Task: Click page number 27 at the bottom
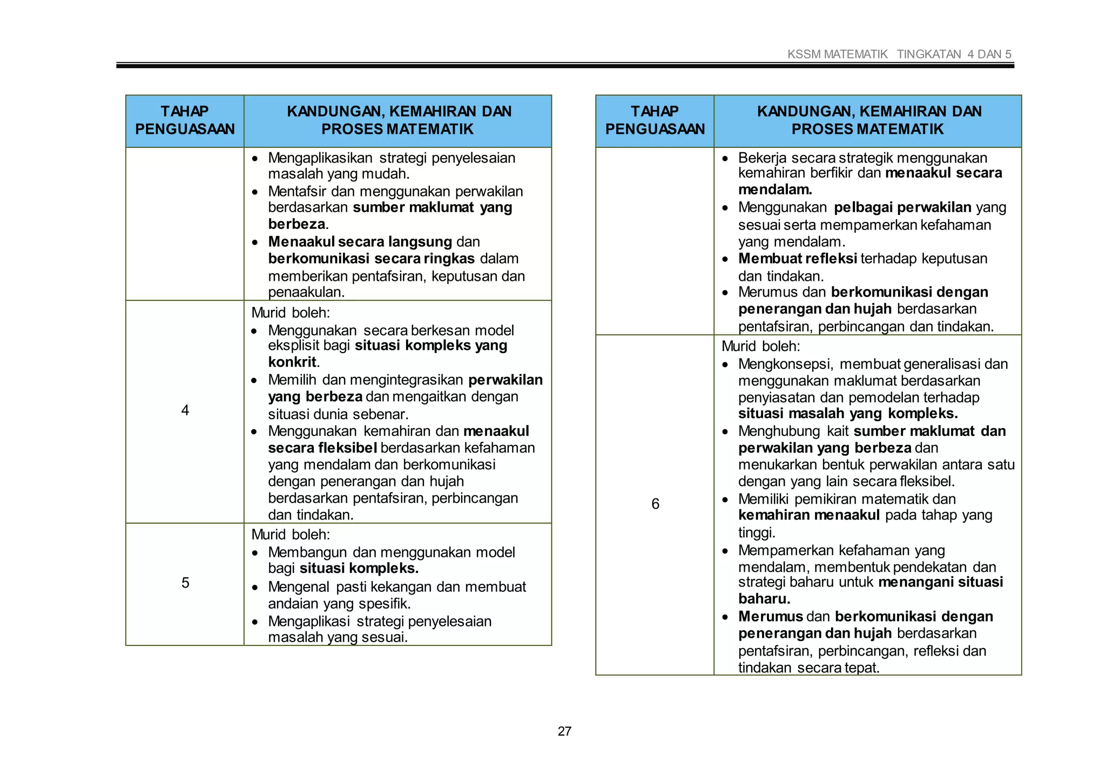tap(564, 731)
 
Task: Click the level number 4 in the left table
tap(185, 410)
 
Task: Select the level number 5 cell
tap(185, 583)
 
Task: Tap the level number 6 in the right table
tap(655, 504)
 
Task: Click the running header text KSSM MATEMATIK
tap(837, 54)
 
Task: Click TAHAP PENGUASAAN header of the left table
tap(185, 120)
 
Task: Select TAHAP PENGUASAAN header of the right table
tap(655, 120)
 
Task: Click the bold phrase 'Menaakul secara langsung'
tap(360, 241)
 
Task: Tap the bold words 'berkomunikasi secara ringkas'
tap(371, 259)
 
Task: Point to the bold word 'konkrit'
tap(292, 362)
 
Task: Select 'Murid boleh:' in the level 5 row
tap(291, 535)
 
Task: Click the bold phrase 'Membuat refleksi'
tap(797, 259)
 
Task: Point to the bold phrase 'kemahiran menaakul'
tap(808, 515)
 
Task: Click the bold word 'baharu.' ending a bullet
tap(764, 599)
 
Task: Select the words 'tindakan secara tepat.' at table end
tap(808, 668)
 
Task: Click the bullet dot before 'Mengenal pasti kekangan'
tap(255, 588)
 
